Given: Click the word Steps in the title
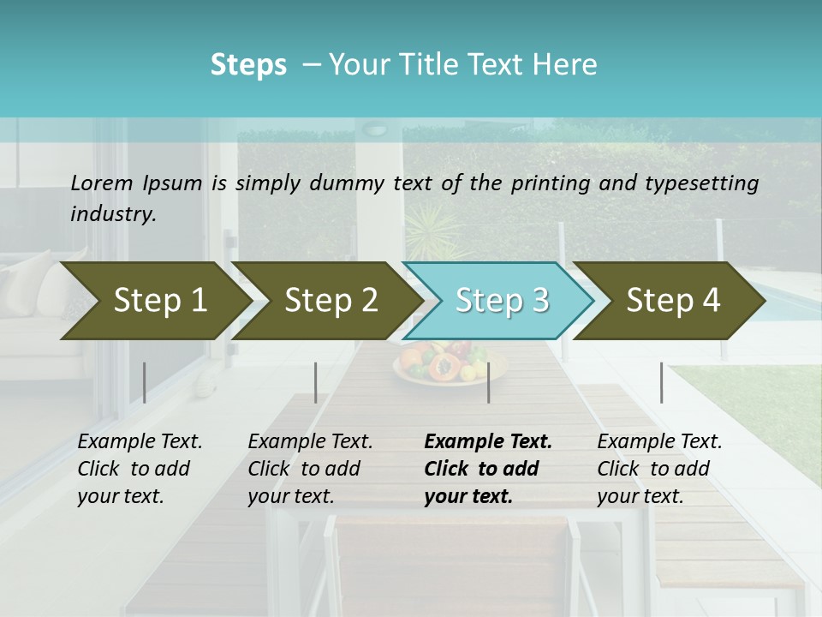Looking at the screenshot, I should coord(248,64).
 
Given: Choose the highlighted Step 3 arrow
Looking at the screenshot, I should coord(502,300).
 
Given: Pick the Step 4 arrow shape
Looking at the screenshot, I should coord(673,300).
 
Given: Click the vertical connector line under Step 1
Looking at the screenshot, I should coord(144,382).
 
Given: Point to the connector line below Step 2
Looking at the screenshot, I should coord(316,382).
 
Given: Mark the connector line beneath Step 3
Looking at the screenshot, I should coord(488,382).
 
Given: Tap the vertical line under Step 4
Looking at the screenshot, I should coord(661,382).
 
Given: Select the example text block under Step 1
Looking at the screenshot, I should coord(140,469).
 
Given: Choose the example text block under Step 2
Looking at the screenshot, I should coord(310,469).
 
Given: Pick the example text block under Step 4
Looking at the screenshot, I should coord(659,469).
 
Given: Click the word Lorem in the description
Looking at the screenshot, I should coord(102,183).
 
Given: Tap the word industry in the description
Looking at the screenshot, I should coord(113,213).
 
